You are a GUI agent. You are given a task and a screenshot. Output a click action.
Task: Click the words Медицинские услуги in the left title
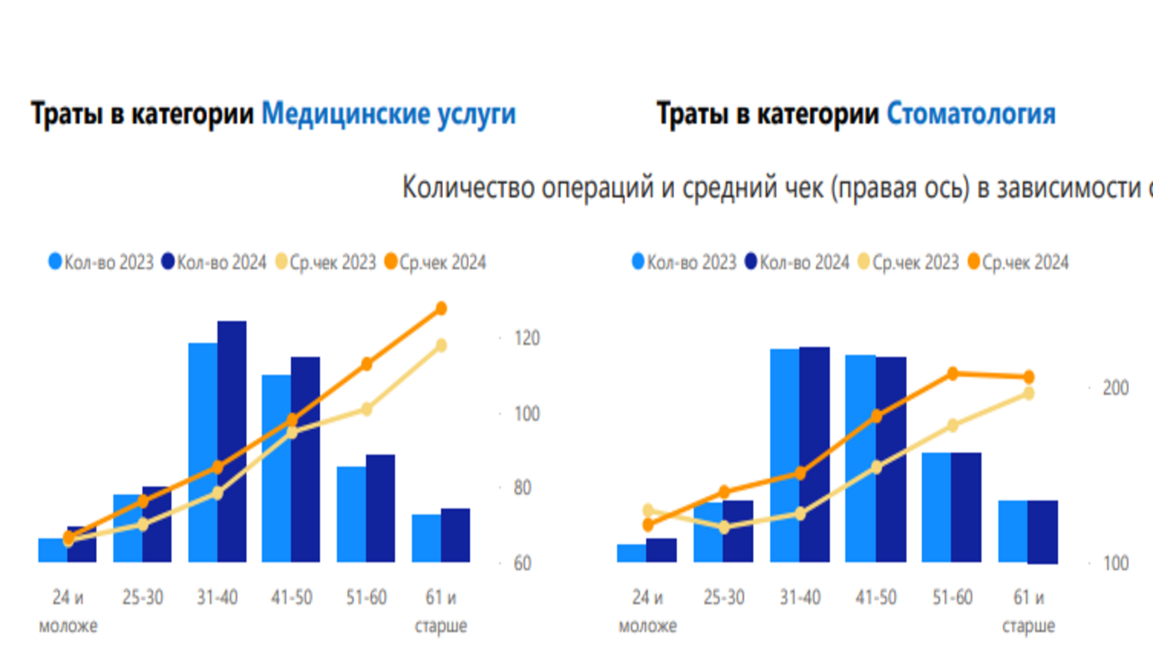tap(388, 115)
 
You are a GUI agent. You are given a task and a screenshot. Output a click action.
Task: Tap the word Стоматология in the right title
tap(971, 115)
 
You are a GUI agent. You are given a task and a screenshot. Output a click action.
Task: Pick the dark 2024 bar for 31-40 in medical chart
tap(232, 440)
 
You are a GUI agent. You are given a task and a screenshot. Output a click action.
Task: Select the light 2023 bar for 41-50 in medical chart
tap(276, 467)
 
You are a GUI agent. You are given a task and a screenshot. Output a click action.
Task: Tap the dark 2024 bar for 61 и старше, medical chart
tap(456, 535)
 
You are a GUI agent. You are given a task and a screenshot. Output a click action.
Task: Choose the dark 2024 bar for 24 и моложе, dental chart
tap(661, 550)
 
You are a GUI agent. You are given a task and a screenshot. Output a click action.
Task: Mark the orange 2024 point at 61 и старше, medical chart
tap(441, 309)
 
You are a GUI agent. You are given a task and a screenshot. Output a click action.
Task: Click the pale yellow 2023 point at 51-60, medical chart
tap(366, 410)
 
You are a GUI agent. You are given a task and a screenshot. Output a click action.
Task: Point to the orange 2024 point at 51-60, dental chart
tap(953, 374)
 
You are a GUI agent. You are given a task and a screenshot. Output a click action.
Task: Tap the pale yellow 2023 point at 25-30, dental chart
tap(724, 528)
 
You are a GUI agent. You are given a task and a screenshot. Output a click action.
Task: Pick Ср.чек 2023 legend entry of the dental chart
tap(906, 262)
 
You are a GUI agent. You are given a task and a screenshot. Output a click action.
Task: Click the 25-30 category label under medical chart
tap(142, 597)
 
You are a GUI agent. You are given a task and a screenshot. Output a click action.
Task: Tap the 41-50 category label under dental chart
tap(876, 598)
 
